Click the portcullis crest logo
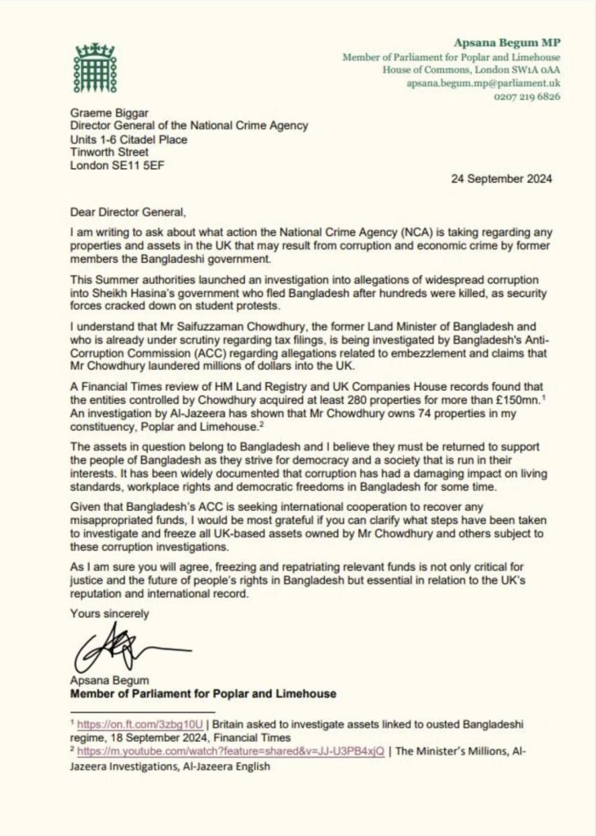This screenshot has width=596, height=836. pos(91,67)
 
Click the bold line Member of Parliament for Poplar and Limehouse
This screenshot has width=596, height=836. pos(203,694)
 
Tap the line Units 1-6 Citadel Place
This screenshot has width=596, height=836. pos(128,139)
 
